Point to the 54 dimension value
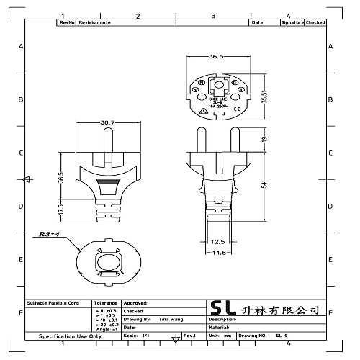point(264,185)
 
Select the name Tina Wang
point(171,318)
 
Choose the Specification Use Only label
point(70,336)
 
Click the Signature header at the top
point(292,23)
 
